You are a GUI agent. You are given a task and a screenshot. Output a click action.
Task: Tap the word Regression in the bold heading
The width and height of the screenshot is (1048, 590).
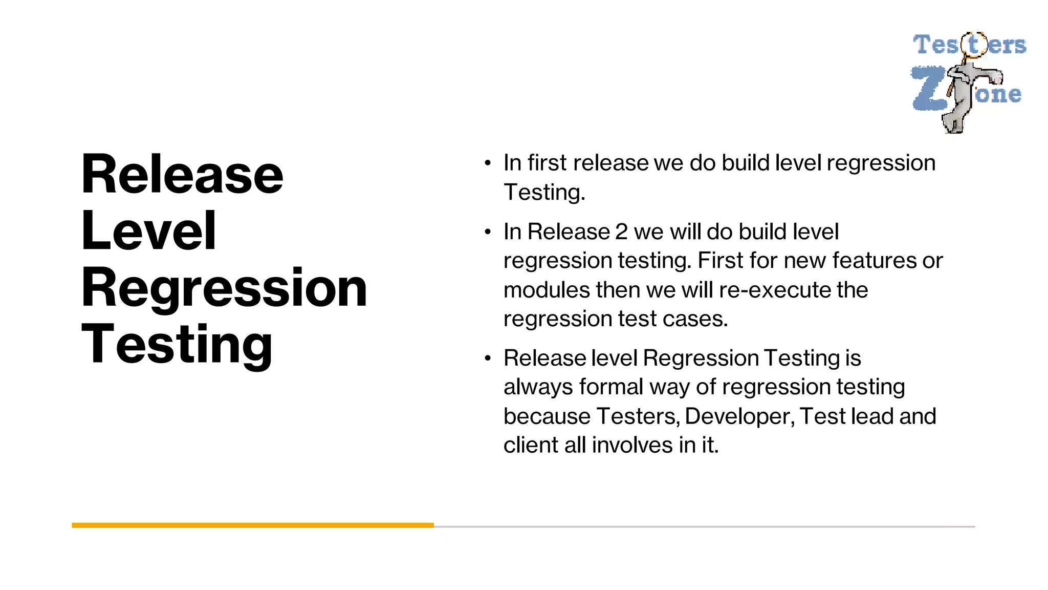point(224,288)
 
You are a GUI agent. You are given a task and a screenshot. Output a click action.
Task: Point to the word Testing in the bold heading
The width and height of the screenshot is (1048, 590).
point(177,344)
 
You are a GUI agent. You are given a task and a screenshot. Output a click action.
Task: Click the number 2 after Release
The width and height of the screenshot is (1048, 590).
point(621,231)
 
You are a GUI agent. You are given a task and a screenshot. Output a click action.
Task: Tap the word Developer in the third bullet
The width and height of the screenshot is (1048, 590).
point(739,416)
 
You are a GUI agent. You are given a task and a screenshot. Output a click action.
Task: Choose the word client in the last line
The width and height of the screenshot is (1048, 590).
point(531,445)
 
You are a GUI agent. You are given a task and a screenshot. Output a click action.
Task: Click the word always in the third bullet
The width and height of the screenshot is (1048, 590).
point(538,387)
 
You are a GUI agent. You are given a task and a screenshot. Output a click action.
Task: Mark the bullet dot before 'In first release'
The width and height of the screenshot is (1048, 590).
point(488,163)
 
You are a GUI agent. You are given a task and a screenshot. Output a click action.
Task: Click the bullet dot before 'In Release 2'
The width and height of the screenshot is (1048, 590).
point(488,232)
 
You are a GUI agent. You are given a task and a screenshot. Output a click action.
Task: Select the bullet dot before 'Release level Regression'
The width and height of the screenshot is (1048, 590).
point(488,358)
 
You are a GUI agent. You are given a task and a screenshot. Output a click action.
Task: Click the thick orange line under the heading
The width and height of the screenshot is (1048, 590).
point(253,525)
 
